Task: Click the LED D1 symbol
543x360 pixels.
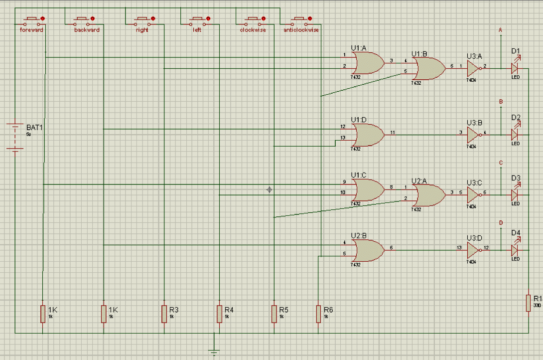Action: click(x=515, y=67)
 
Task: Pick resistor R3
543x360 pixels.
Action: click(x=164, y=314)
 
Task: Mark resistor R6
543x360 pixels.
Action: click(x=319, y=314)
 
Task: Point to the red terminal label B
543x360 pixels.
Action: click(x=501, y=102)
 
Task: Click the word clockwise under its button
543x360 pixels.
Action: click(x=253, y=30)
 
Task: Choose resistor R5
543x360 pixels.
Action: click(x=273, y=314)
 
